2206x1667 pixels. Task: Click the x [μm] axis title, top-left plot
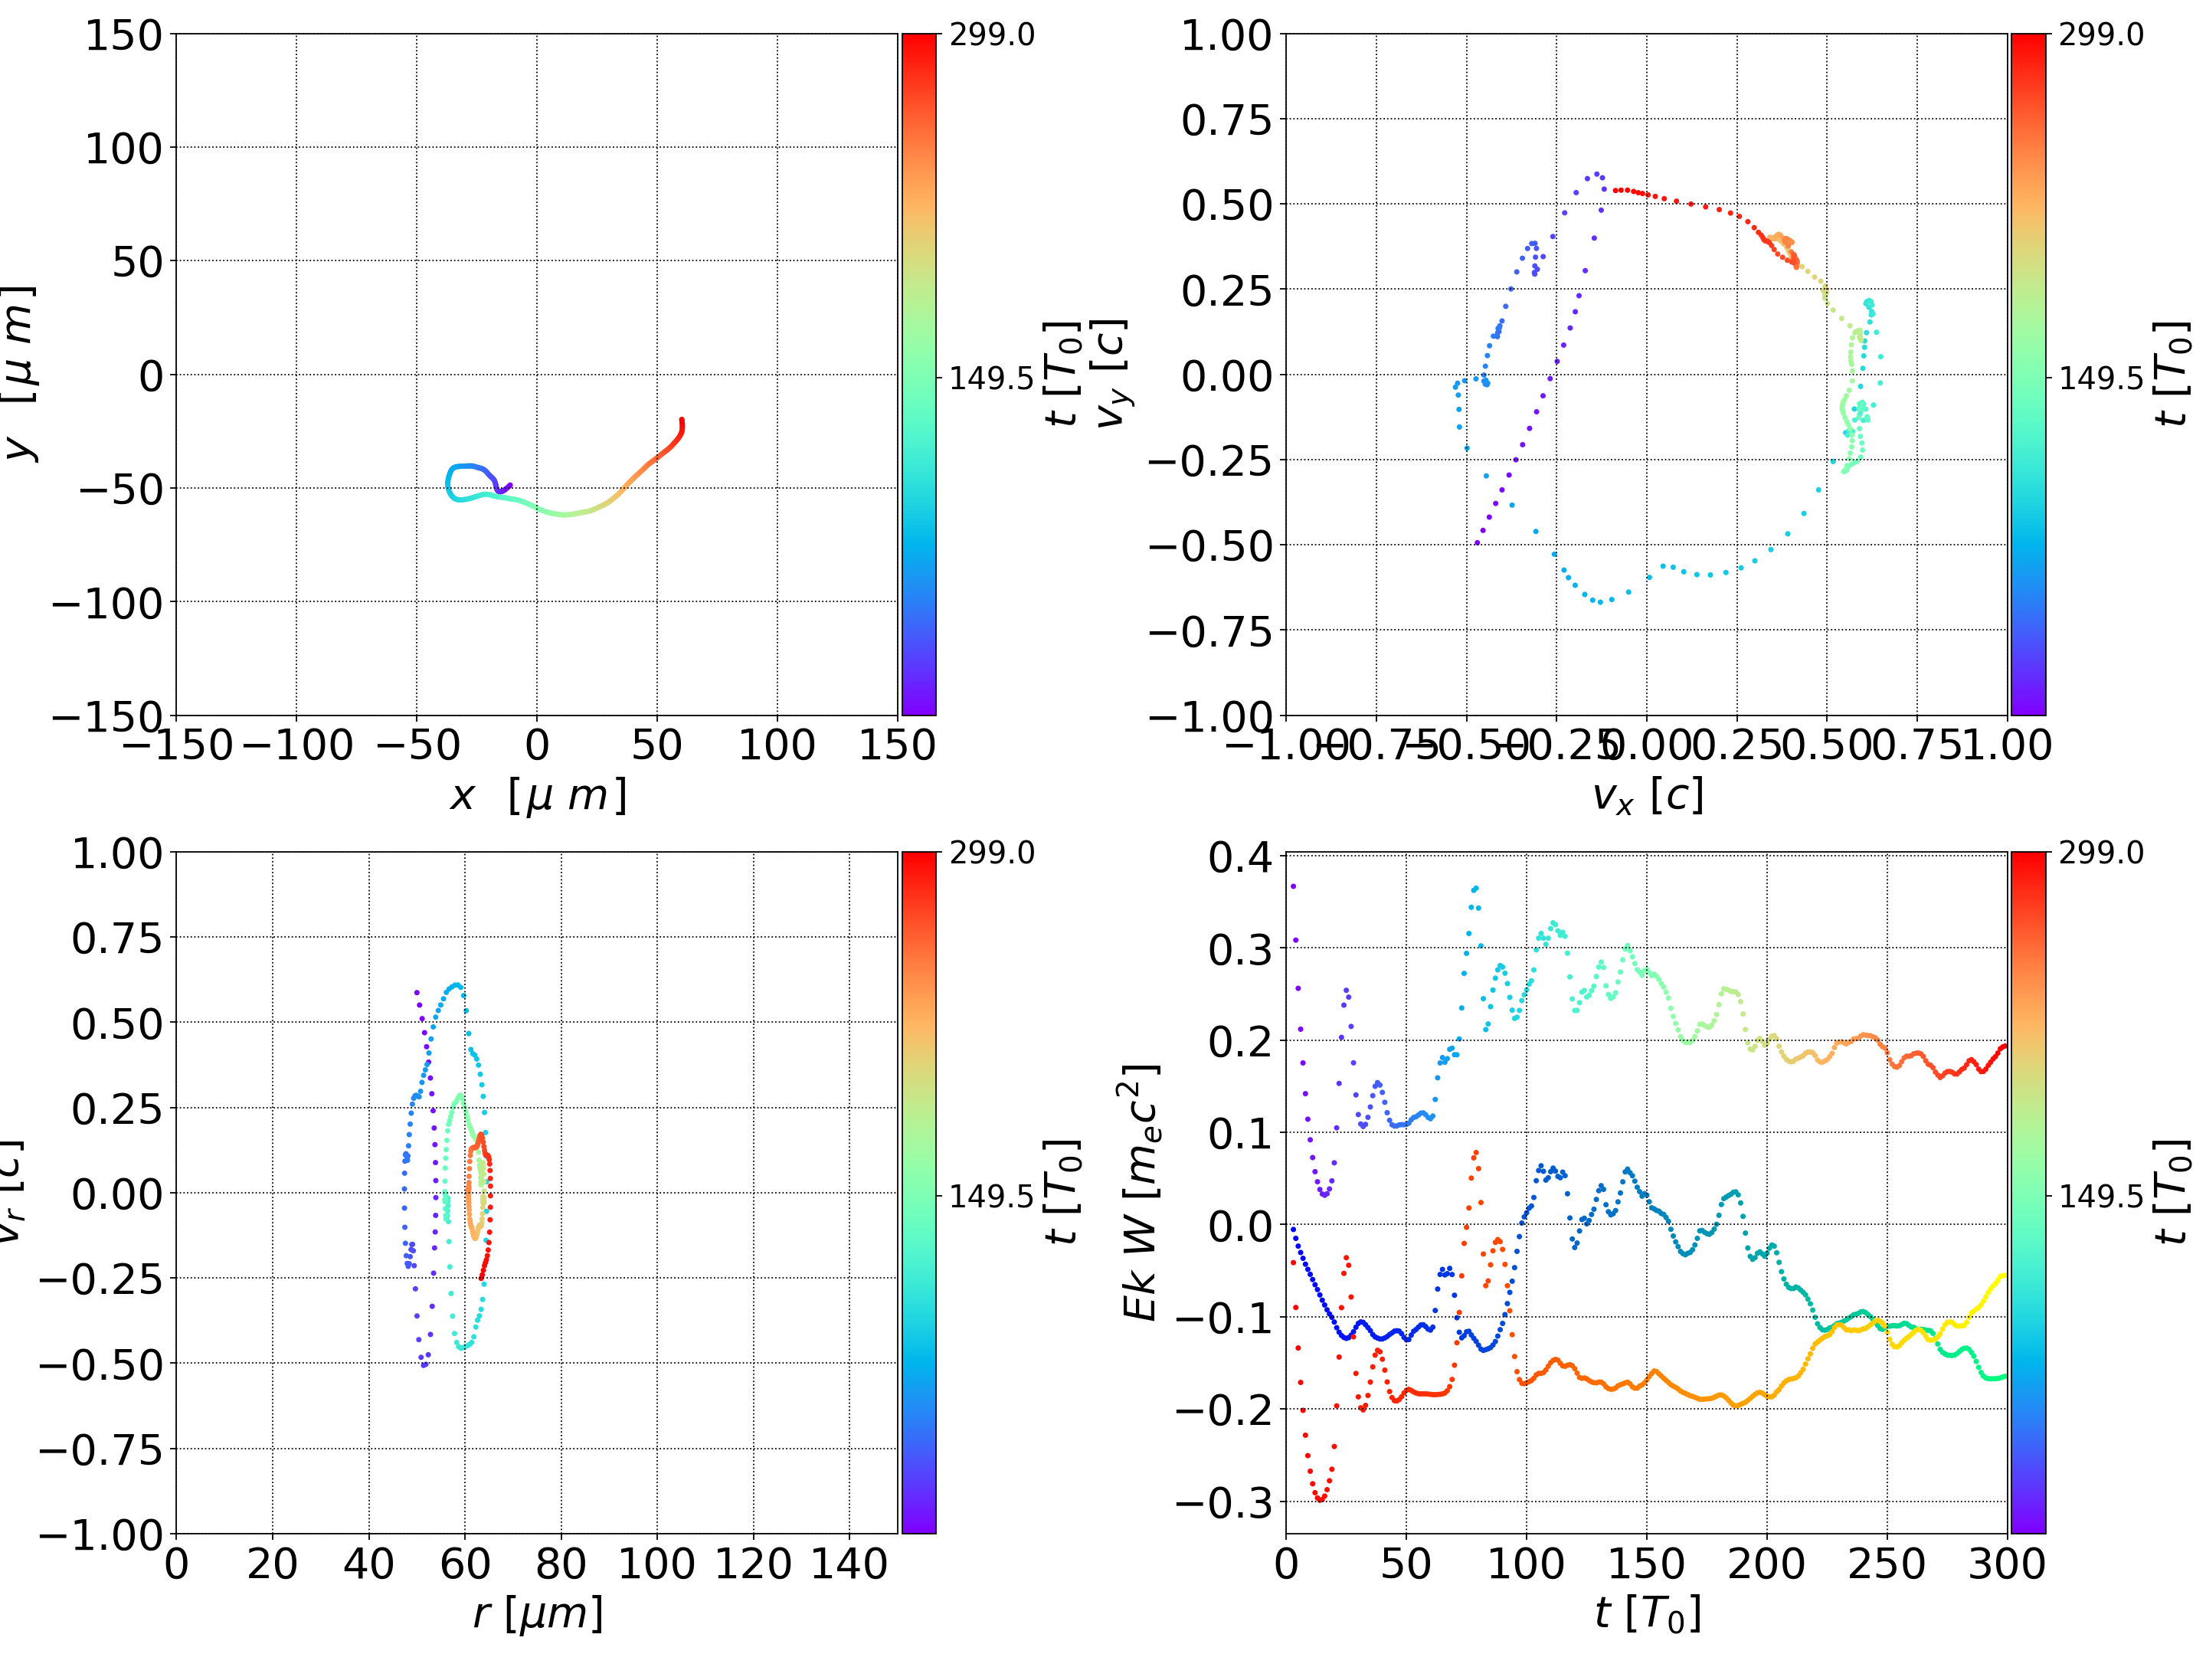tap(538, 796)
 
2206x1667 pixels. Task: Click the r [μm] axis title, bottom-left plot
tap(538, 1613)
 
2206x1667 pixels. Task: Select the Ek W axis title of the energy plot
tap(1140, 1193)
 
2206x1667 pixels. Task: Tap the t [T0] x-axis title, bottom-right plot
tap(1647, 1613)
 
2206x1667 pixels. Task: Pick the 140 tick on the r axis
tap(849, 1564)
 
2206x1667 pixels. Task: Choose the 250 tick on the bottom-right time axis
tap(1887, 1564)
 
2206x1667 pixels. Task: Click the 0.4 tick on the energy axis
tap(1241, 857)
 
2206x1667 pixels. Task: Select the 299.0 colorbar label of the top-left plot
tap(991, 35)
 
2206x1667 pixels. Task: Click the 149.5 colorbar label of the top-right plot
tap(2100, 378)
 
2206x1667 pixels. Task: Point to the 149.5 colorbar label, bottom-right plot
tap(2100, 1195)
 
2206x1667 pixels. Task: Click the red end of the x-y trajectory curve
tap(682, 420)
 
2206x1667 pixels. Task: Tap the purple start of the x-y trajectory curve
tap(509, 486)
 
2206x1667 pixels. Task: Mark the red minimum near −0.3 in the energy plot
tap(1321, 1499)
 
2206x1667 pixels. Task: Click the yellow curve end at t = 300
tap(2004, 1276)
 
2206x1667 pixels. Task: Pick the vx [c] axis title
tap(1647, 796)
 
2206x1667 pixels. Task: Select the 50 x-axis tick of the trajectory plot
tap(656, 745)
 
